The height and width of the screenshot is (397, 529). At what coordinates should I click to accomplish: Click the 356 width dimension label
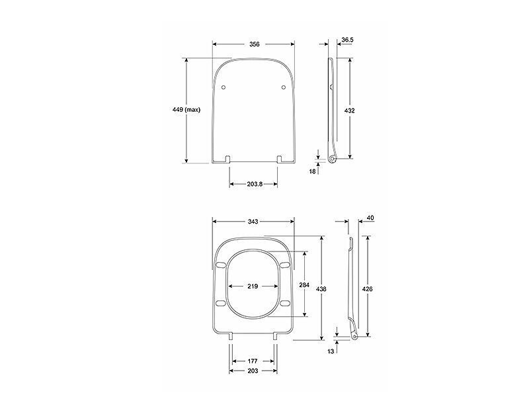coord(255,44)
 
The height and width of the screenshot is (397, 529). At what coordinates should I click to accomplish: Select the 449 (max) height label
coord(186,110)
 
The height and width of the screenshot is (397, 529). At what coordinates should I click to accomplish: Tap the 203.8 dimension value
coord(255,184)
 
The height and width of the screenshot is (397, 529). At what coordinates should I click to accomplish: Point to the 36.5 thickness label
coord(347,40)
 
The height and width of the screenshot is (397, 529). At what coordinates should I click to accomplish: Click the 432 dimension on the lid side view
coord(350,110)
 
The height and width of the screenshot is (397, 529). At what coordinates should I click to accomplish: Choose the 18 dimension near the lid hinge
coord(312,171)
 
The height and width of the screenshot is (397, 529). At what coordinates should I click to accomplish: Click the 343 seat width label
coord(253,222)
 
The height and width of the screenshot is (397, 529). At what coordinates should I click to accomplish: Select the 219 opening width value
coord(253,287)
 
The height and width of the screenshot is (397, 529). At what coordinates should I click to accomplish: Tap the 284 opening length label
coord(304,285)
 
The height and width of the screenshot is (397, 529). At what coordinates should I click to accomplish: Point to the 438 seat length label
coord(321,289)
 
